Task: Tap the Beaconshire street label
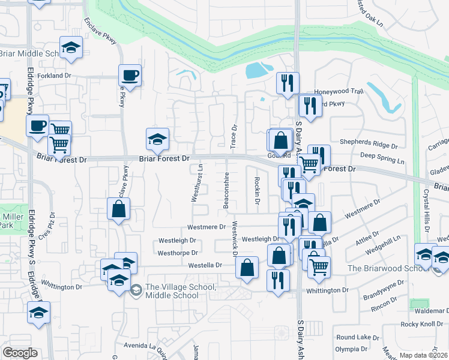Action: (226, 190)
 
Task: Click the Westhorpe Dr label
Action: (178, 253)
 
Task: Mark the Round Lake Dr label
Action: (353, 337)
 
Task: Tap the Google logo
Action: (20, 353)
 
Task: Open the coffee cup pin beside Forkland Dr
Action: (130, 75)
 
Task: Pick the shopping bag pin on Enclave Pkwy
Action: (118, 209)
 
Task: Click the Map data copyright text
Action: (424, 355)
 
